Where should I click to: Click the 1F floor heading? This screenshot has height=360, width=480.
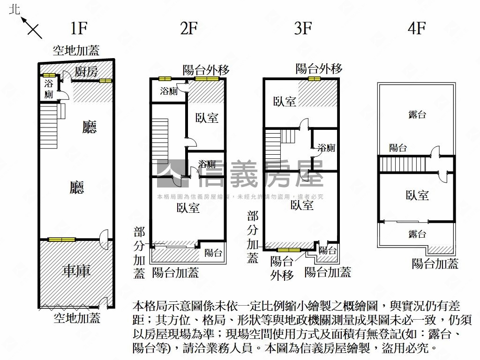79,29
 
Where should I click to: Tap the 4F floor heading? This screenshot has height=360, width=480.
416,29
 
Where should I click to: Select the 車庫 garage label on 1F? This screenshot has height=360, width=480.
76,271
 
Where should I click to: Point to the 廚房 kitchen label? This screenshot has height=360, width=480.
86,72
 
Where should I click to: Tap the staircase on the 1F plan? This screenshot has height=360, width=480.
49,126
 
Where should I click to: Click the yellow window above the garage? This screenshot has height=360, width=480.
61,240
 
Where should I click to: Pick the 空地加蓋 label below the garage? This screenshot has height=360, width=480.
77,319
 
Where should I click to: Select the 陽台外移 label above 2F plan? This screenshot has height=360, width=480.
206,70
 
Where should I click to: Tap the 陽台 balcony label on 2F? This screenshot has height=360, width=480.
213,253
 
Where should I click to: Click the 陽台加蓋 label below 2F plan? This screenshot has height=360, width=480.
175,272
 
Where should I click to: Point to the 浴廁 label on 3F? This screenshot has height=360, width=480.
326,148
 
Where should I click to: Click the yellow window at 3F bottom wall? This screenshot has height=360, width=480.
289,250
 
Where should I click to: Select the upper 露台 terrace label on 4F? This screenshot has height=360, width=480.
417,114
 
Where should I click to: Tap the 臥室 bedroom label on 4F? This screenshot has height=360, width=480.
417,195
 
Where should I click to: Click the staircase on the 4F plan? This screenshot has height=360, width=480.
402,165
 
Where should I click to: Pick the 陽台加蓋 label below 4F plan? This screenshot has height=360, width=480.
435,263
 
